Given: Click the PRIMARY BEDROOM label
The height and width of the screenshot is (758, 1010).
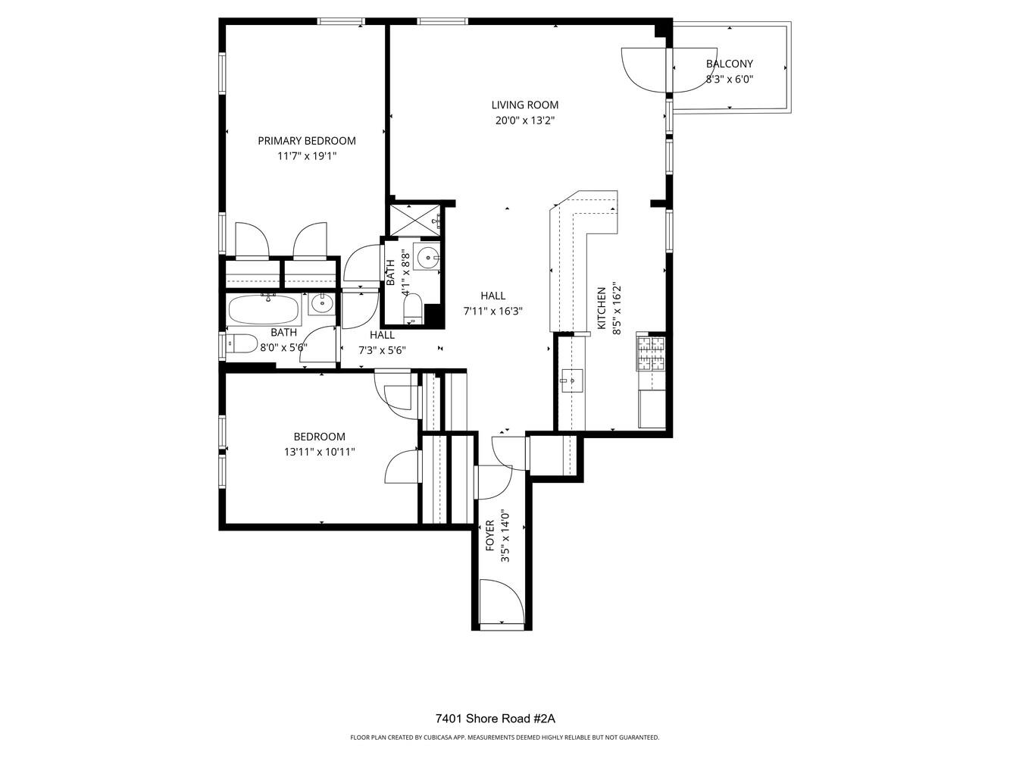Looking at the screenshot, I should pos(306,141).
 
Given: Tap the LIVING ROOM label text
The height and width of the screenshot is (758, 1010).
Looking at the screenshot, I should pos(524,105).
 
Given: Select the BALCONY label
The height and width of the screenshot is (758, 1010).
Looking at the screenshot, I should pos(729,64).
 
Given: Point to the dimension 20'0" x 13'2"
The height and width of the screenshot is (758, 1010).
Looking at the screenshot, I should pos(524,121).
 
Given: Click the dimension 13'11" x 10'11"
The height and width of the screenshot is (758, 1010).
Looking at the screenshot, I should pos(319,452).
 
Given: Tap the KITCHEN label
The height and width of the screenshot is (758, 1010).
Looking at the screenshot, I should pos(602,308).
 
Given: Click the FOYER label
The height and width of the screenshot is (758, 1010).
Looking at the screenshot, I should pos(490,535).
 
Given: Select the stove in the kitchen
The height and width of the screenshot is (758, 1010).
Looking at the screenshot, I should pos(651,352).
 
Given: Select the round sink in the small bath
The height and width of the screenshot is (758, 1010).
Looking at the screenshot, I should pos(428,258).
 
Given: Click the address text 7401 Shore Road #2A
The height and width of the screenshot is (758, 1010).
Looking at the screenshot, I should pos(500,719).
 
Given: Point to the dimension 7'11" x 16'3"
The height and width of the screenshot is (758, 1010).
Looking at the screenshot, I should pos(493,311).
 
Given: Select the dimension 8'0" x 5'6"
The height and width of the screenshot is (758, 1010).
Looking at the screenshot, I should pos(283,348).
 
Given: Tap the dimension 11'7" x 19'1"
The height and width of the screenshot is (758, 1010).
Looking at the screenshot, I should pos(306,156).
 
